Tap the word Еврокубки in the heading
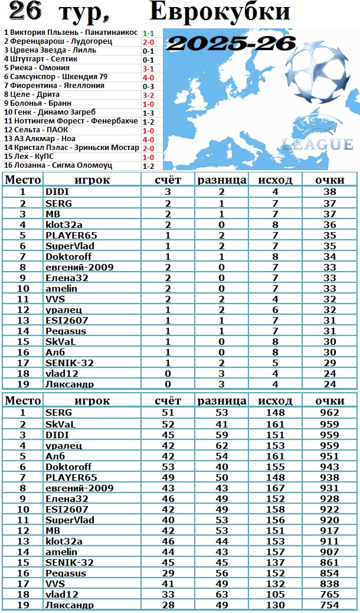pos(220,12)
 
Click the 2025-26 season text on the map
pos(231,43)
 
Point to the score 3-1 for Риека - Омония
pos(148,68)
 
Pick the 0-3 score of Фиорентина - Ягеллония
pos(148,86)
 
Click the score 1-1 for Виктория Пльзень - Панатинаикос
pos(148,32)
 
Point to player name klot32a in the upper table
pos(64,224)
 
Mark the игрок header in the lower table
pos(92,401)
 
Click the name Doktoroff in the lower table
pos(68,467)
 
